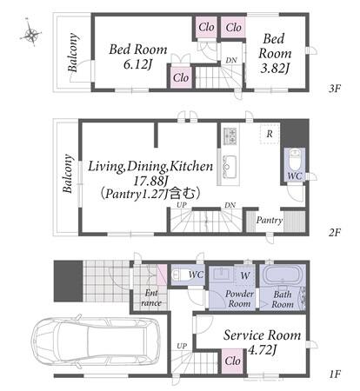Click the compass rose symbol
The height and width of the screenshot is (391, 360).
point(30,34)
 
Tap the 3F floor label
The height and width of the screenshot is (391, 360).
point(334,89)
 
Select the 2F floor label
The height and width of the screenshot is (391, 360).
point(334,233)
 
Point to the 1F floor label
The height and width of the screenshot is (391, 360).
point(335,374)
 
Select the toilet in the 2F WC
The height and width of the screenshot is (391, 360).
point(295,162)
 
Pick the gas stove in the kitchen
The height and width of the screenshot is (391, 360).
point(230,136)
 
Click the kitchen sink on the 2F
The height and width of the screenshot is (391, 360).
point(229,166)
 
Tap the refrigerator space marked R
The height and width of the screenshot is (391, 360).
point(270,134)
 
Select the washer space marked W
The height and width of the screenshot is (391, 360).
point(245,275)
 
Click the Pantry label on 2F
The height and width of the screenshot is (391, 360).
point(270,221)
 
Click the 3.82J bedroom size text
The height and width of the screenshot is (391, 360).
point(275,69)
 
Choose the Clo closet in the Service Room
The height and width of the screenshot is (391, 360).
point(232,361)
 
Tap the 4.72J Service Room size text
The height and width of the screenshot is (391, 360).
point(262,350)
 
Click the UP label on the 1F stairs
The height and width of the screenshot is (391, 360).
point(182,346)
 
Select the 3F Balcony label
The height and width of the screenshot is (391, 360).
point(73,52)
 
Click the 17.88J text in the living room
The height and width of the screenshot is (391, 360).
point(150,181)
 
